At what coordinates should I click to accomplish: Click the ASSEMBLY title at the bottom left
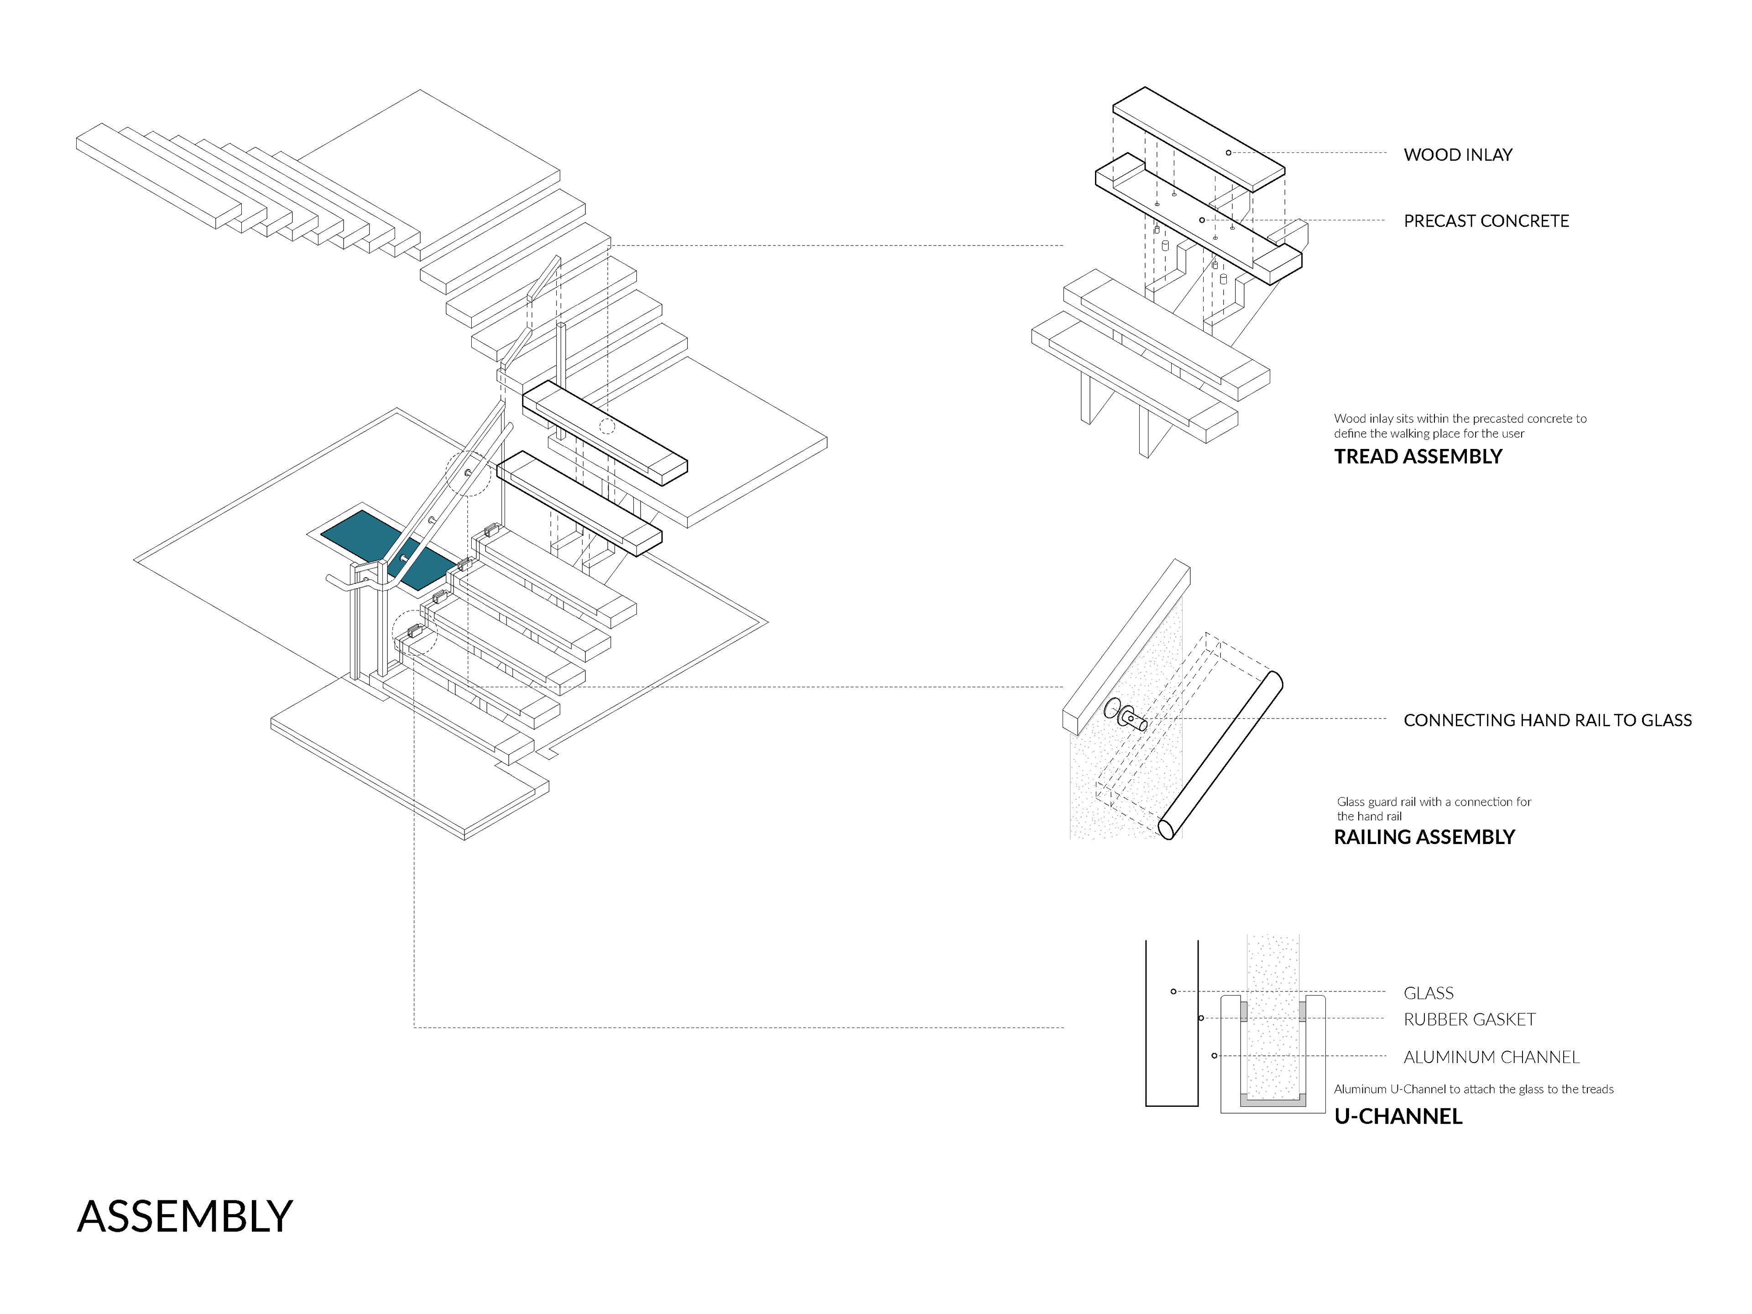(x=184, y=1216)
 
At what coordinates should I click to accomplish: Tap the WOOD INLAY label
(x=1457, y=155)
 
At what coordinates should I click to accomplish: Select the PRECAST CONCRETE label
(x=1486, y=221)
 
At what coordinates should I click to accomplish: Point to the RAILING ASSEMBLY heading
(x=1424, y=837)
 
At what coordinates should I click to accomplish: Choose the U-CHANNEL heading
(x=1398, y=1117)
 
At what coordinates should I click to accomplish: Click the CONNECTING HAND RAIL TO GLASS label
(x=1547, y=720)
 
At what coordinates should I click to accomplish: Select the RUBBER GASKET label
(x=1469, y=1019)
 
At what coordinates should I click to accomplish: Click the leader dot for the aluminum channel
(x=1214, y=1056)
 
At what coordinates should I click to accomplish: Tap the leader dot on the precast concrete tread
(x=1201, y=219)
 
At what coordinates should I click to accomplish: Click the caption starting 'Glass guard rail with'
(x=1434, y=808)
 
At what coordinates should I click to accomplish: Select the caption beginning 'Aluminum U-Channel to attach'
(x=1473, y=1089)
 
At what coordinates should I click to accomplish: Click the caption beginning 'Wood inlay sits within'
(x=1460, y=425)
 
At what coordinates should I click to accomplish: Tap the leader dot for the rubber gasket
(x=1201, y=1018)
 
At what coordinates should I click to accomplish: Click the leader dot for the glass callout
(x=1173, y=991)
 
